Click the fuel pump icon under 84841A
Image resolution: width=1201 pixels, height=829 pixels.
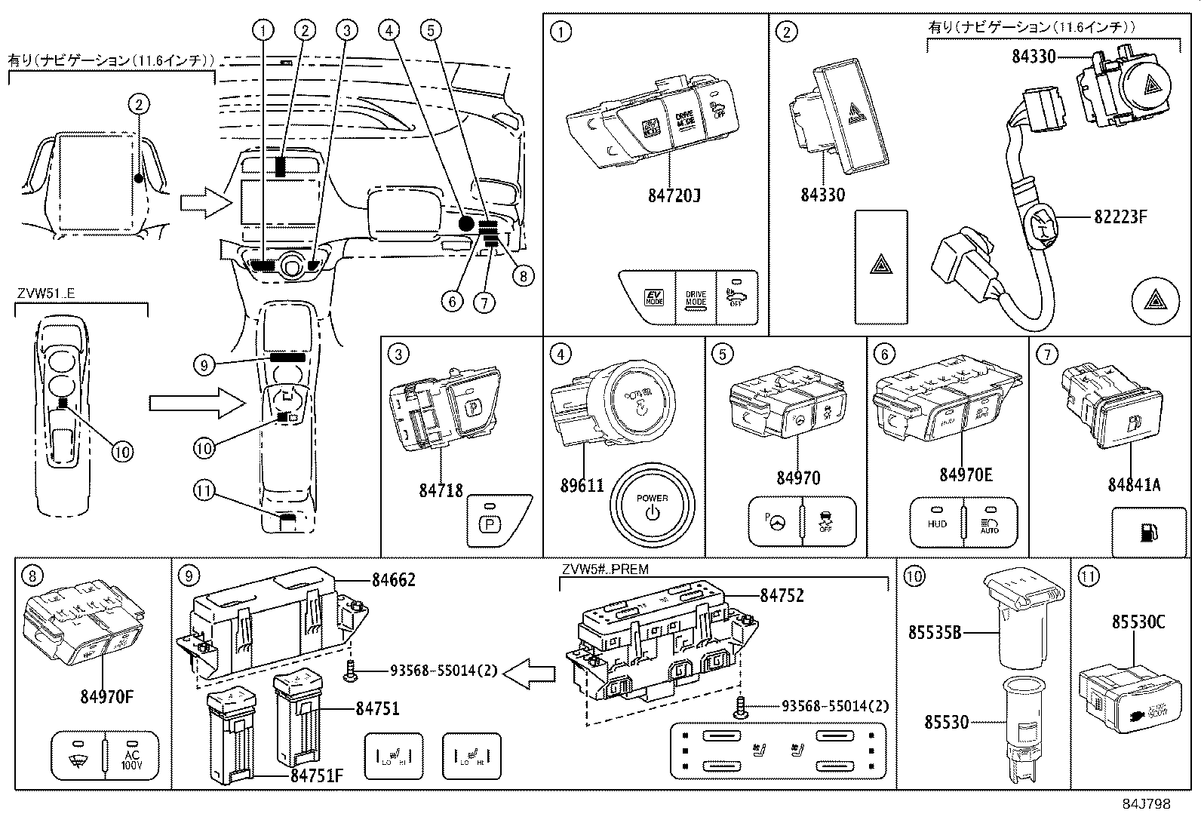pyautogui.click(x=1146, y=533)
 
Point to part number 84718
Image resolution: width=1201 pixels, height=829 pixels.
pyautogui.click(x=441, y=490)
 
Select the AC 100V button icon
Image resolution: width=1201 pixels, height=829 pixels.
pyautogui.click(x=131, y=754)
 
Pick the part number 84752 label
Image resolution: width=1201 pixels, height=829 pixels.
pyautogui.click(x=782, y=595)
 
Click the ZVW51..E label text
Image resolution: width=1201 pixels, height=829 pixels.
pyautogui.click(x=45, y=294)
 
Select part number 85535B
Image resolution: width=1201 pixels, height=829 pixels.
pyautogui.click(x=934, y=634)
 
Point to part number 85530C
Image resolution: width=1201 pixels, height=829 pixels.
pyautogui.click(x=1138, y=622)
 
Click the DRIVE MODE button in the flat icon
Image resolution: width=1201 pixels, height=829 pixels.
pyautogui.click(x=695, y=297)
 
